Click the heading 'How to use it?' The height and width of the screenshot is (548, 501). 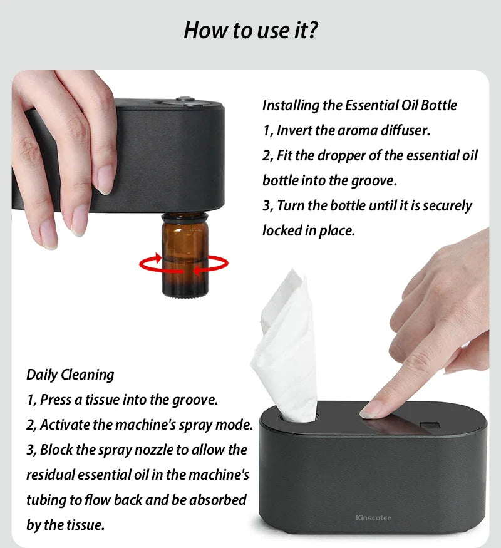(250, 30)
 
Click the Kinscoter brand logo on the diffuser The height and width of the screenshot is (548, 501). (373, 518)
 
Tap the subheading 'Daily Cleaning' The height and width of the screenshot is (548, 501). (70, 375)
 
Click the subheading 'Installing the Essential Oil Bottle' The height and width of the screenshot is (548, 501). (359, 105)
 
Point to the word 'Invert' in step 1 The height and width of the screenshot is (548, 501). (292, 130)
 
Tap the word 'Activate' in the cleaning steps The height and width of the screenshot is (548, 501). (65, 425)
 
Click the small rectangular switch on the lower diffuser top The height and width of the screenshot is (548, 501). (429, 427)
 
